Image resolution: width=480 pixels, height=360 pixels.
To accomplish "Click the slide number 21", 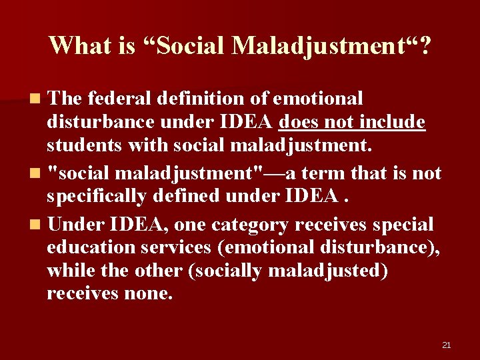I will point(447,345).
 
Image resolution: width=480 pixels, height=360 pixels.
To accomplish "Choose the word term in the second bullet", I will point(330,174).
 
